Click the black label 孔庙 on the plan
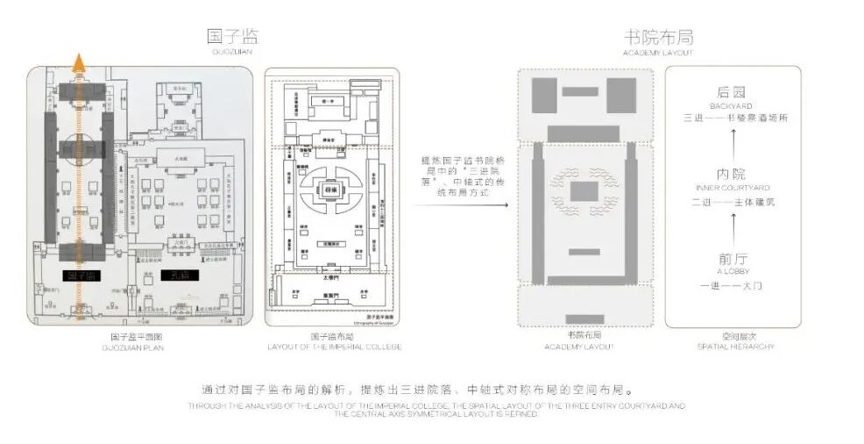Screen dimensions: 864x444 (180, 275)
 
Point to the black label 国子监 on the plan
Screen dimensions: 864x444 (81, 276)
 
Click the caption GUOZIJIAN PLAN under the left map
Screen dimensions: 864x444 (139, 347)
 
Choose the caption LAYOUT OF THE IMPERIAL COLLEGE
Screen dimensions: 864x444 (334, 347)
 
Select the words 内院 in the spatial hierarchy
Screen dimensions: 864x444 (731, 174)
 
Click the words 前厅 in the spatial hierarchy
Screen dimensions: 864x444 (731, 259)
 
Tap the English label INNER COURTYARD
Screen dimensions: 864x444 (733, 188)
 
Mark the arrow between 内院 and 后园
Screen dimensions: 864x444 (733, 143)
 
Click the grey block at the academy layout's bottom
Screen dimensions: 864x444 (584, 319)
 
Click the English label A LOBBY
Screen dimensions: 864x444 (733, 272)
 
